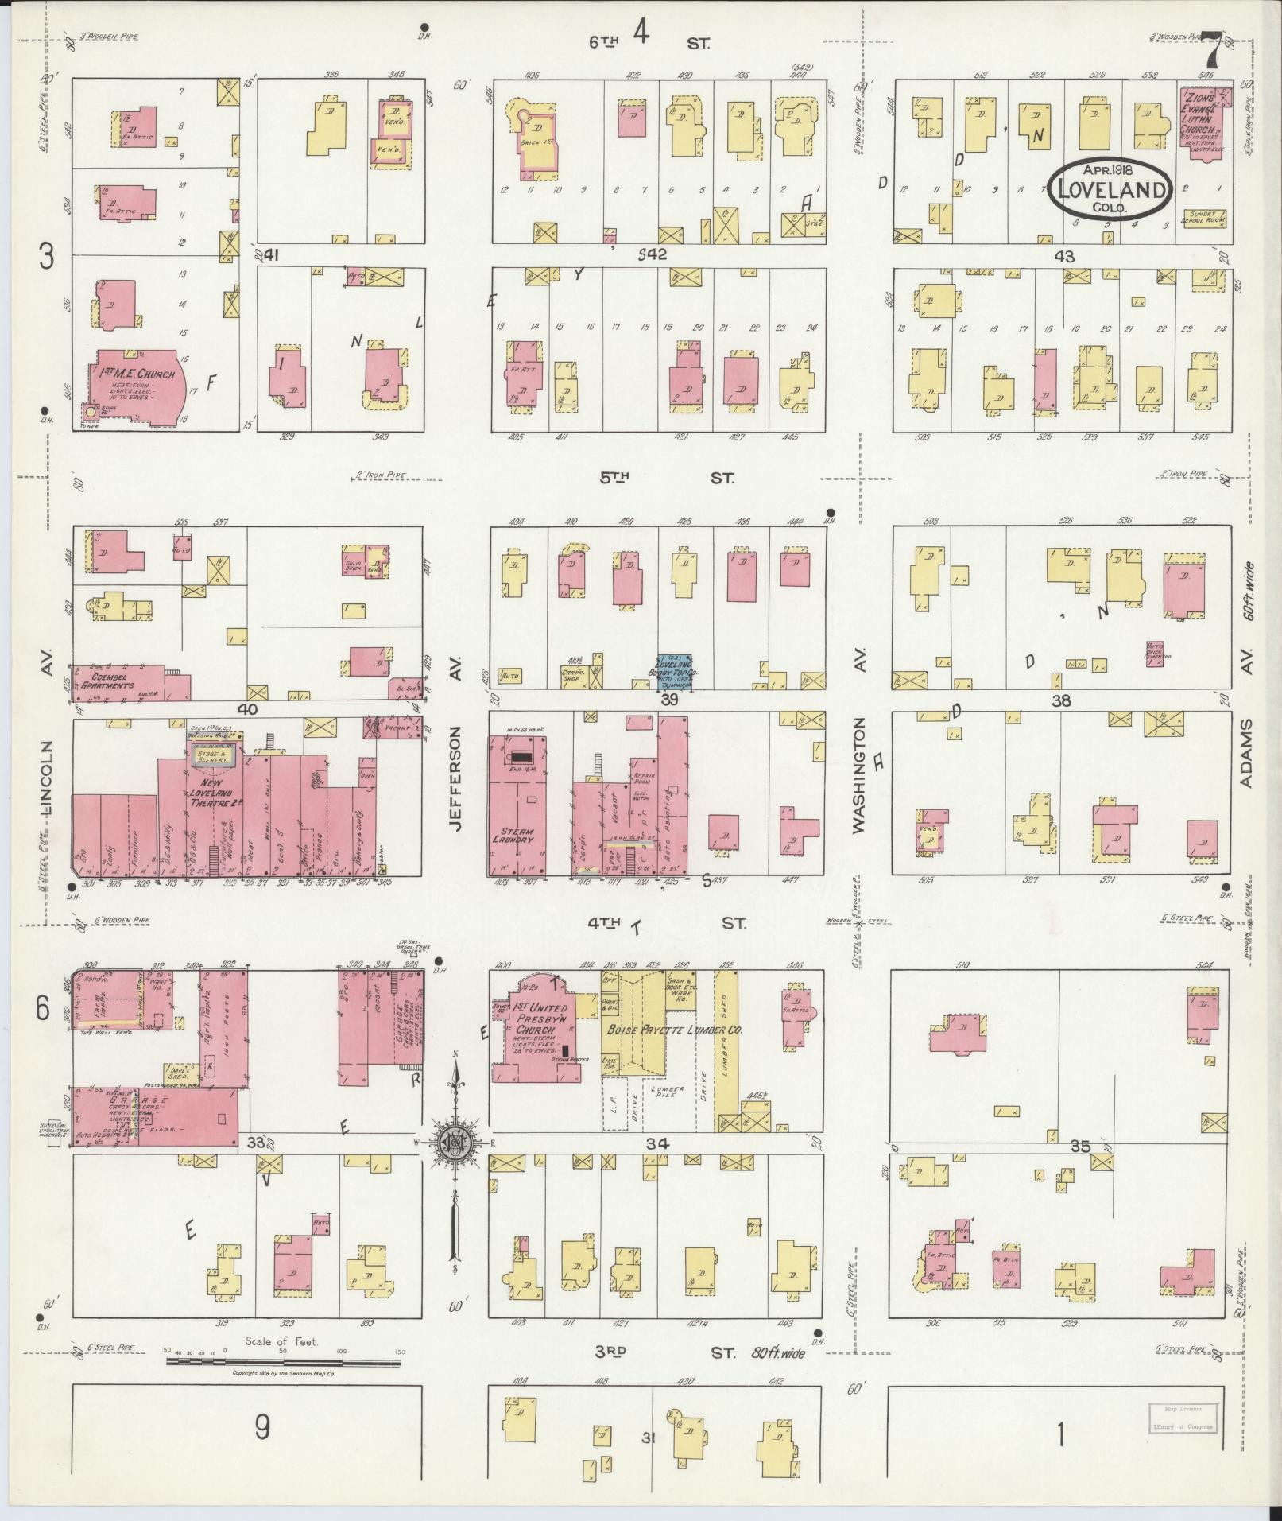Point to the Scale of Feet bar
coord(282,1361)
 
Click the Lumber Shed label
coord(725,1050)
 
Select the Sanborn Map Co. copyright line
coord(283,1373)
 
